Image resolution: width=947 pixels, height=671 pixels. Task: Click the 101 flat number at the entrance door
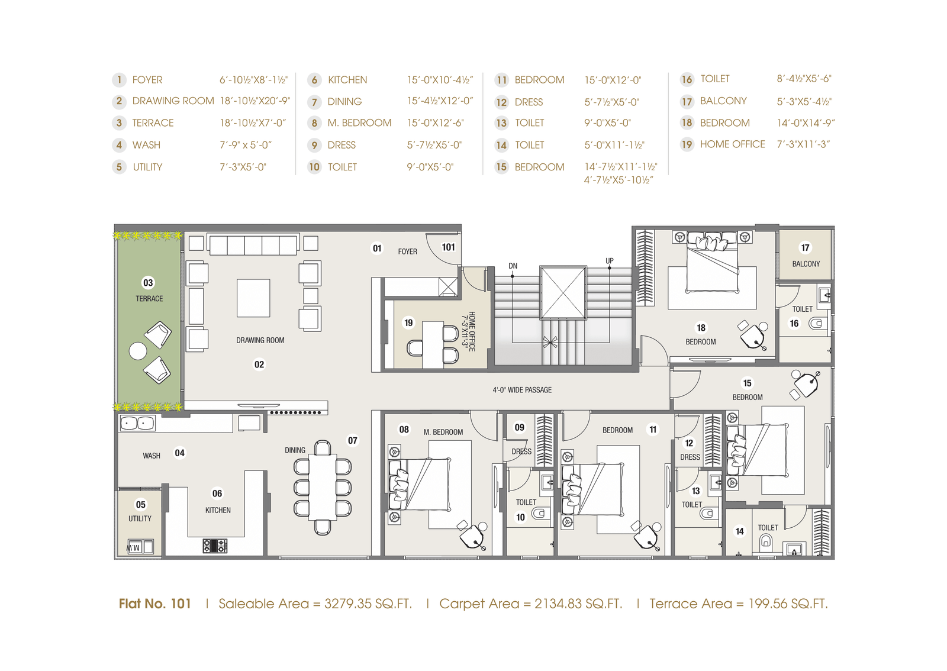[448, 247]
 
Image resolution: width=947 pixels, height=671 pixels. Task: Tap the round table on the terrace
[138, 351]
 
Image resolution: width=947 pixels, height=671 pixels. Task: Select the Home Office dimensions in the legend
[803, 144]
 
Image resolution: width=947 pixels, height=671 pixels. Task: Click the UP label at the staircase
[609, 261]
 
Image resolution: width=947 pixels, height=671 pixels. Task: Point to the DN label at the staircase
[513, 266]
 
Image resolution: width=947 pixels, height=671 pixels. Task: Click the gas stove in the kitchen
[215, 546]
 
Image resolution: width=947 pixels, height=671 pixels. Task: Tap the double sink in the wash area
[137, 423]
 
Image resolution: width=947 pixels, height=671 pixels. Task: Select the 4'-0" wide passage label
[522, 390]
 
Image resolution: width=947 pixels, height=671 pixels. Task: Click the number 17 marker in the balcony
[805, 247]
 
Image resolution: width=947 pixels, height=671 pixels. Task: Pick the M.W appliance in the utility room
[140, 547]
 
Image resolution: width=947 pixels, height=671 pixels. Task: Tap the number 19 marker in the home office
[408, 323]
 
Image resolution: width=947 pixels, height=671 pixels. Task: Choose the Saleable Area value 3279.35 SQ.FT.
[368, 604]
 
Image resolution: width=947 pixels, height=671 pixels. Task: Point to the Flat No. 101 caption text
[154, 604]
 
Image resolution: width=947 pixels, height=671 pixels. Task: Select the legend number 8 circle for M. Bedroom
[314, 123]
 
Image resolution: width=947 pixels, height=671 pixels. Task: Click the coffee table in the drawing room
[253, 298]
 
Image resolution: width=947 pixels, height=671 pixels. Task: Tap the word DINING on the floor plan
[295, 450]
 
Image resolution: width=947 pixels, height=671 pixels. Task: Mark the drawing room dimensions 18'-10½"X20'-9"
[255, 101]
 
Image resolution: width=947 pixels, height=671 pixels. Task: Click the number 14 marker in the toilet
[739, 531]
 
